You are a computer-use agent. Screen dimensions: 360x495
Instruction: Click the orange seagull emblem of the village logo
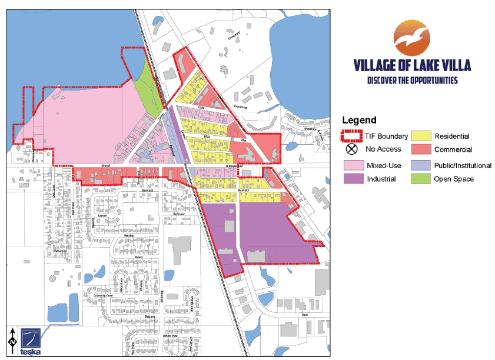coord(411,38)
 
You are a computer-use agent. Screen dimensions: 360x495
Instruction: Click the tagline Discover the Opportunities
coord(412,81)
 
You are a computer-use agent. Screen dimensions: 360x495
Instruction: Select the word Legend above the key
coord(359,121)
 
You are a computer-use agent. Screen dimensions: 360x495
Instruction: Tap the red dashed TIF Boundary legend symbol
coord(352,136)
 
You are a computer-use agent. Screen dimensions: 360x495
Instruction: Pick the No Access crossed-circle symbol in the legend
coord(352,149)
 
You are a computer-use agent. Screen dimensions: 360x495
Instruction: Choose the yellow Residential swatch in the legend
coord(420,136)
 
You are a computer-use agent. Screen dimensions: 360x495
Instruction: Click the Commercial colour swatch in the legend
coord(420,149)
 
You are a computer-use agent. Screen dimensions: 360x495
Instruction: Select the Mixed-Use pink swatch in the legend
coord(352,166)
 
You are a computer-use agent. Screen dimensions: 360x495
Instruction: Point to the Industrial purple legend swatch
coord(352,179)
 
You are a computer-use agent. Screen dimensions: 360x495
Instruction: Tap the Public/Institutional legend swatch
coord(420,166)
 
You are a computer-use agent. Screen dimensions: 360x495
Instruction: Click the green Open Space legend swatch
coord(420,179)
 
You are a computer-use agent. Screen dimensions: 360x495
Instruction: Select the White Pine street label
coord(171,336)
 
